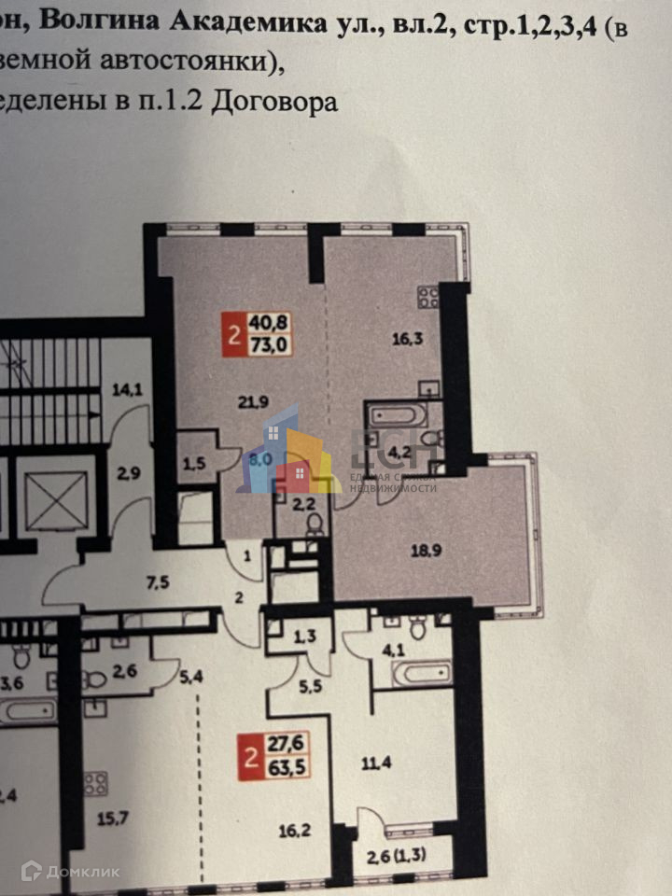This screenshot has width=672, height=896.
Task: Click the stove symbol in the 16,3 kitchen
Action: pyautogui.click(x=428, y=298)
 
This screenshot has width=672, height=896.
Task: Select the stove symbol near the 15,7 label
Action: pyautogui.click(x=95, y=782)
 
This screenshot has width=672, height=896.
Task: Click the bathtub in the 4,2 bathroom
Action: pyautogui.click(x=397, y=415)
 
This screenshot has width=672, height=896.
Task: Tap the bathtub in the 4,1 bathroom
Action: pyautogui.click(x=421, y=673)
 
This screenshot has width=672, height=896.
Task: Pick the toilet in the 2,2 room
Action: pyautogui.click(x=314, y=525)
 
